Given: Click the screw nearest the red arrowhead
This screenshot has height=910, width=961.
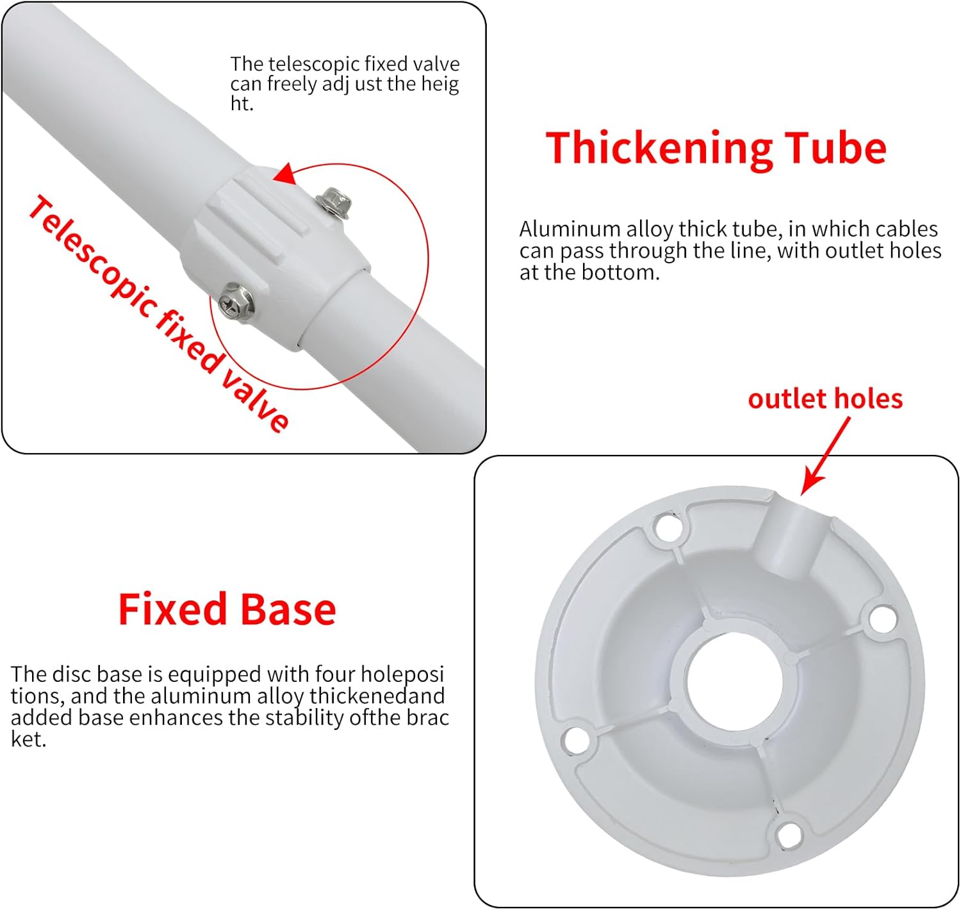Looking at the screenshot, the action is click(333, 202).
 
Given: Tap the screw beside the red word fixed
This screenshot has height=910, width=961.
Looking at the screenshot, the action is click(236, 302).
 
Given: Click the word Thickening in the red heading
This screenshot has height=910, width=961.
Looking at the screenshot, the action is click(659, 149).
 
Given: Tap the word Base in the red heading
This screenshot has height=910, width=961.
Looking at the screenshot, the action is click(288, 609).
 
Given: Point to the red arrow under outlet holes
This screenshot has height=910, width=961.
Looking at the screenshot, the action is click(825, 456).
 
